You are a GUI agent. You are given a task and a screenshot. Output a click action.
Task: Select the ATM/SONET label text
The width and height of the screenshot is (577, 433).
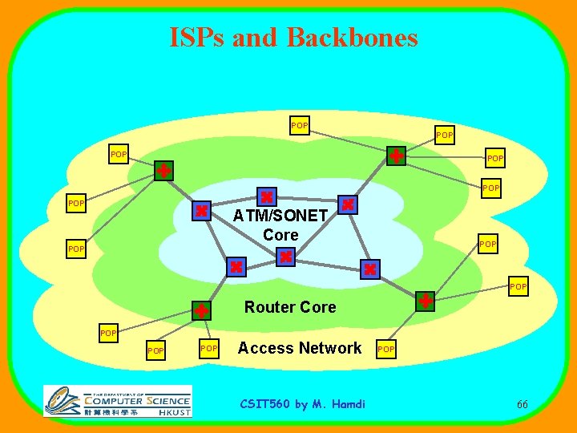pos(280,216)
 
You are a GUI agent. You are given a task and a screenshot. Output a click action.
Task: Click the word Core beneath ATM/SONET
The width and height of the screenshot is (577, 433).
pos(280,235)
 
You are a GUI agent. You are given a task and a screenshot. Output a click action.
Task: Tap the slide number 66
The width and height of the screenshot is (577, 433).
pos(522,404)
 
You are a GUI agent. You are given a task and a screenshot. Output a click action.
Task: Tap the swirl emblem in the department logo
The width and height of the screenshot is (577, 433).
pos(62,401)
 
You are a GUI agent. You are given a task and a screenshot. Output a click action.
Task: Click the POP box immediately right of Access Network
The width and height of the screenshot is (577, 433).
pos(386,350)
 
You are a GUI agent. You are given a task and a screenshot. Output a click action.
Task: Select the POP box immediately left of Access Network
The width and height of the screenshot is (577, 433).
pos(209,348)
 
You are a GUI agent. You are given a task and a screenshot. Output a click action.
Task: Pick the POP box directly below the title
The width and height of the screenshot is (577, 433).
pos(300,126)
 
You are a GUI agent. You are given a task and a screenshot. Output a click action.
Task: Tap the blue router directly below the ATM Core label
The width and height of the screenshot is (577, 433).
pos(286,257)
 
